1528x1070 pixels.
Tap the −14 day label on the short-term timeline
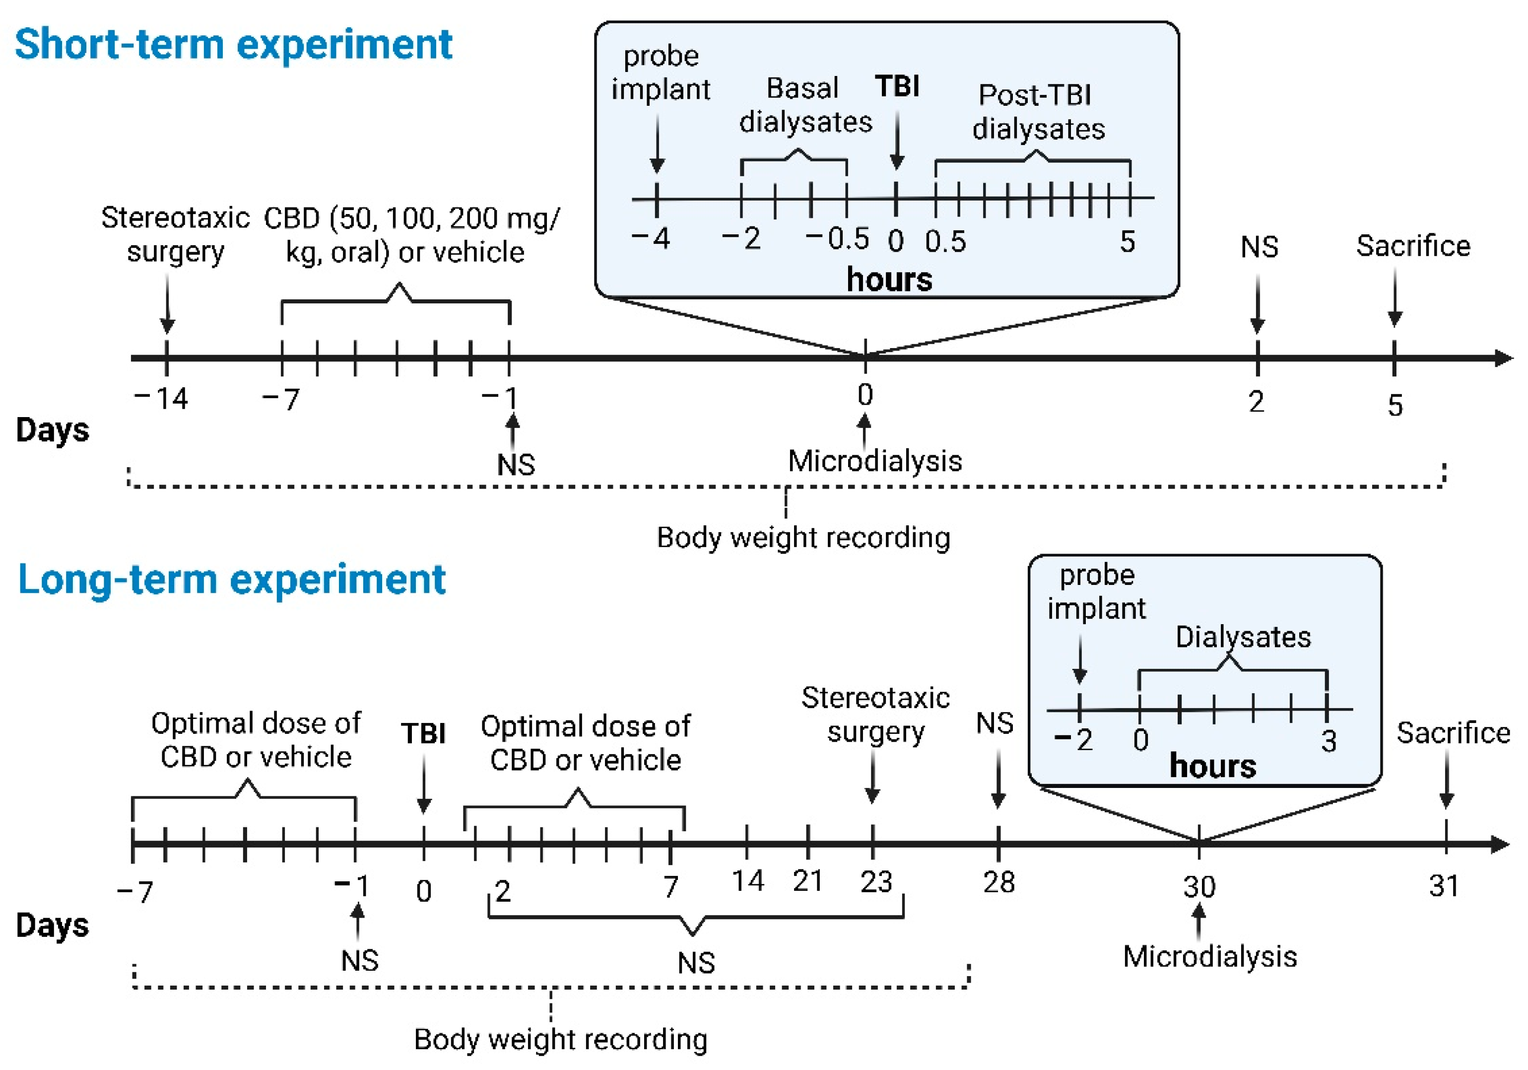(162, 399)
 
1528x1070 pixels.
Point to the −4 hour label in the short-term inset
(651, 238)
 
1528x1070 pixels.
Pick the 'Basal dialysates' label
(805, 105)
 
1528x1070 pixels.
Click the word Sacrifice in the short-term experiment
(1413, 246)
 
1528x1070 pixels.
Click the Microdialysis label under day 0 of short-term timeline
(874, 461)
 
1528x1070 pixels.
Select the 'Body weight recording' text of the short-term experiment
(803, 537)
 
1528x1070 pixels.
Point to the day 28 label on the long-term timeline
(998, 882)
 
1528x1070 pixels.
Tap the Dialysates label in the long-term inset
(1243, 637)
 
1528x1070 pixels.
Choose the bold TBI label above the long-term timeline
(423, 734)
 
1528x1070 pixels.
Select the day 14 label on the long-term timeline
(747, 881)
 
